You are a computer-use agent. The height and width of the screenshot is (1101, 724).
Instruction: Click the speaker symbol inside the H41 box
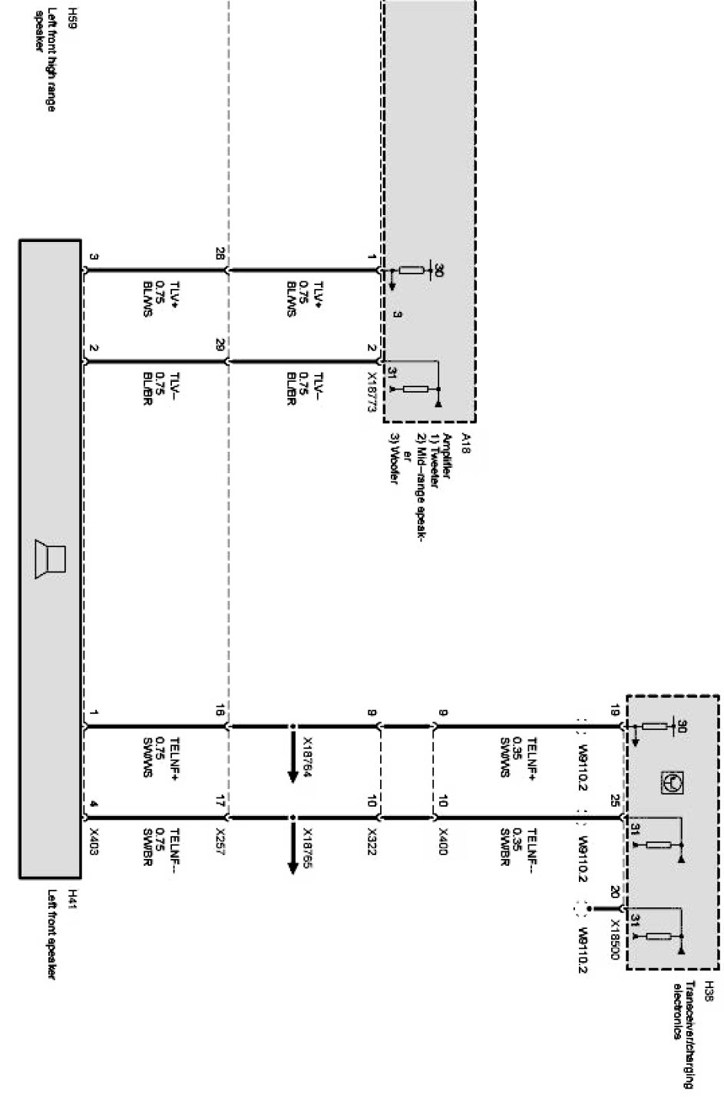coord(51,559)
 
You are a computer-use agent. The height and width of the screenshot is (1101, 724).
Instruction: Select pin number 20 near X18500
coord(614,891)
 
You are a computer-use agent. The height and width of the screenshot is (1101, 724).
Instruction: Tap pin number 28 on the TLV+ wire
coord(220,254)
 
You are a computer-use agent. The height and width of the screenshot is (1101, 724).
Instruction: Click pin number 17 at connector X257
coord(220,801)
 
